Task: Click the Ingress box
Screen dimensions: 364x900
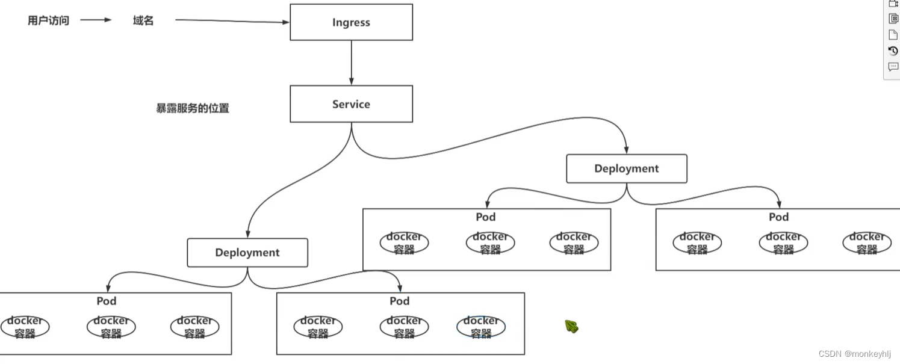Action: (x=351, y=22)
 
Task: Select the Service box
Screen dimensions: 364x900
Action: (x=351, y=104)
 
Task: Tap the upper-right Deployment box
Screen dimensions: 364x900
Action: (x=626, y=168)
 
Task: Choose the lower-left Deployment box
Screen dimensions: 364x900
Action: (x=247, y=253)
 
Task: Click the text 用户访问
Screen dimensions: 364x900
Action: (x=48, y=20)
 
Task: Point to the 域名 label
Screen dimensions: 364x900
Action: (x=143, y=20)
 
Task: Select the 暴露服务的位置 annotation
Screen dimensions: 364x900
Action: (x=193, y=108)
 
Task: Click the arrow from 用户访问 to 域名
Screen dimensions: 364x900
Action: (x=96, y=20)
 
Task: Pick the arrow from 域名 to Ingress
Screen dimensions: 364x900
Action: (x=232, y=21)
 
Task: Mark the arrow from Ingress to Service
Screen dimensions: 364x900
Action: (x=351, y=63)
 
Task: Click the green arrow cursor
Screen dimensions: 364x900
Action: (x=571, y=327)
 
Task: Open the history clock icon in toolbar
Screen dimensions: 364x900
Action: (x=893, y=51)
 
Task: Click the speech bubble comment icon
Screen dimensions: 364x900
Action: (x=893, y=67)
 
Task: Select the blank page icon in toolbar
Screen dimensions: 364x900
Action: (x=893, y=35)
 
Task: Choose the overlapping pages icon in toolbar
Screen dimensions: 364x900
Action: (x=893, y=19)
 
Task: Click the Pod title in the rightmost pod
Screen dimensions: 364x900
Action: (x=778, y=217)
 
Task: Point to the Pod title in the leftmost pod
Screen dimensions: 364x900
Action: (x=107, y=301)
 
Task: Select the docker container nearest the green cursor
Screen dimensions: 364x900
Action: (x=481, y=327)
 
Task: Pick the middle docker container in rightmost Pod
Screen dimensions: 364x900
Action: (x=783, y=243)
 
